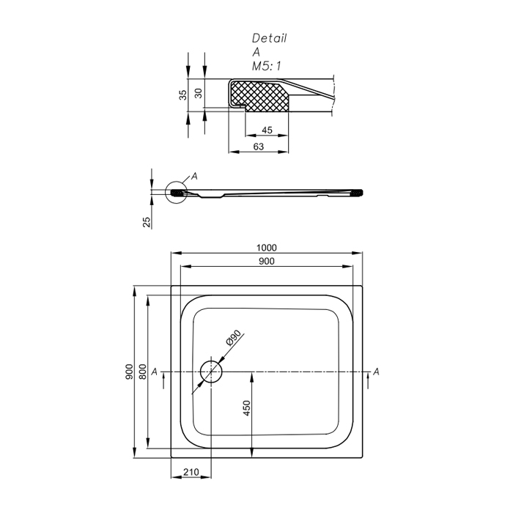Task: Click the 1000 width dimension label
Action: pos(266,248)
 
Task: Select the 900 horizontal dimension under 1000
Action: pos(267,261)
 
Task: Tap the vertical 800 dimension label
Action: pos(143,372)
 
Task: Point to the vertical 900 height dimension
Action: pos(130,372)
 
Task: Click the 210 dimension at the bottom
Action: pos(191,472)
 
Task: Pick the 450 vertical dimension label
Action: pos(247,408)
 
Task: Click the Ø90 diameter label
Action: pos(234,338)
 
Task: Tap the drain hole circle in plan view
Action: pos(211,372)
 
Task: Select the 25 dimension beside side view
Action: pos(147,222)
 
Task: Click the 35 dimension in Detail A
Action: pos(183,95)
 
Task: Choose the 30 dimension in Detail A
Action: pos(199,93)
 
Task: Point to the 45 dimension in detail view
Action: pos(267,130)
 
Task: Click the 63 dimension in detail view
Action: pos(259,147)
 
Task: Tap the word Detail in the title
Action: pos(269,38)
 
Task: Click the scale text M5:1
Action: pos(266,67)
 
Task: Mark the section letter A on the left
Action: pos(155,372)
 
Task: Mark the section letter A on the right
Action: pos(376,372)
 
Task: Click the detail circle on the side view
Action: pos(177,192)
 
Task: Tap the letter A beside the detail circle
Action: pos(194,177)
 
